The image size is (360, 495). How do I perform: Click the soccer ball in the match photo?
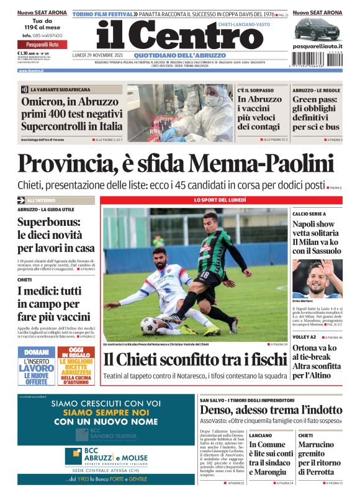pos(150,324)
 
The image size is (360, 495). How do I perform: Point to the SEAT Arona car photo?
pos(317,29)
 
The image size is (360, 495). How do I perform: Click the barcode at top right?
pos(317,62)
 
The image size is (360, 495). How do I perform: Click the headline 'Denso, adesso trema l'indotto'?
pos(271,409)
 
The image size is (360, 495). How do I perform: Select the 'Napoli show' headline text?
pos(313,224)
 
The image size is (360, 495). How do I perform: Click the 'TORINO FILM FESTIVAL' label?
pos(103,13)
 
